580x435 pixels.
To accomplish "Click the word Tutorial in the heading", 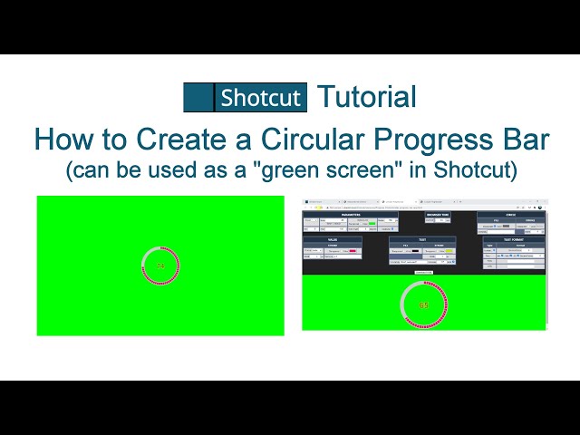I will click(367, 97).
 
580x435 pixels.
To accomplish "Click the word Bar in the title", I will click(525, 139).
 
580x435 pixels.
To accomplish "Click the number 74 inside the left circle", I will click(160, 266).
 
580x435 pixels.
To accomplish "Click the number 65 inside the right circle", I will click(423, 305).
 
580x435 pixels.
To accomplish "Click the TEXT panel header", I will click(421, 239).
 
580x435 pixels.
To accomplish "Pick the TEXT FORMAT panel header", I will click(513, 239).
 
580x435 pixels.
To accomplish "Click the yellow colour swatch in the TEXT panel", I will click(449, 250).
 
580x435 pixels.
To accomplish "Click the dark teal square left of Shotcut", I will click(198, 97).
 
